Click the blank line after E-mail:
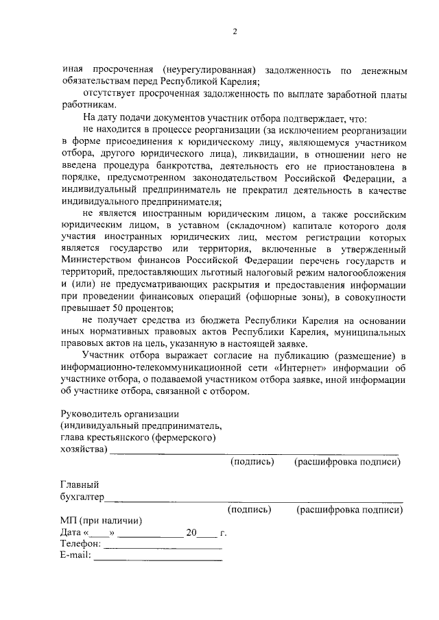pos(158,558)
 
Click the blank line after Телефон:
pos(163,547)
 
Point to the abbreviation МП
pos(69,521)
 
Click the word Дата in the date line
pos(71,532)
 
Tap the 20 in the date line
pos(191,532)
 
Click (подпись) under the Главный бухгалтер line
pos(249,509)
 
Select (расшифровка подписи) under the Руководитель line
pos(347,462)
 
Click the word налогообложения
pos(369,273)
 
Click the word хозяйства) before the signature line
pos(84,449)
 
